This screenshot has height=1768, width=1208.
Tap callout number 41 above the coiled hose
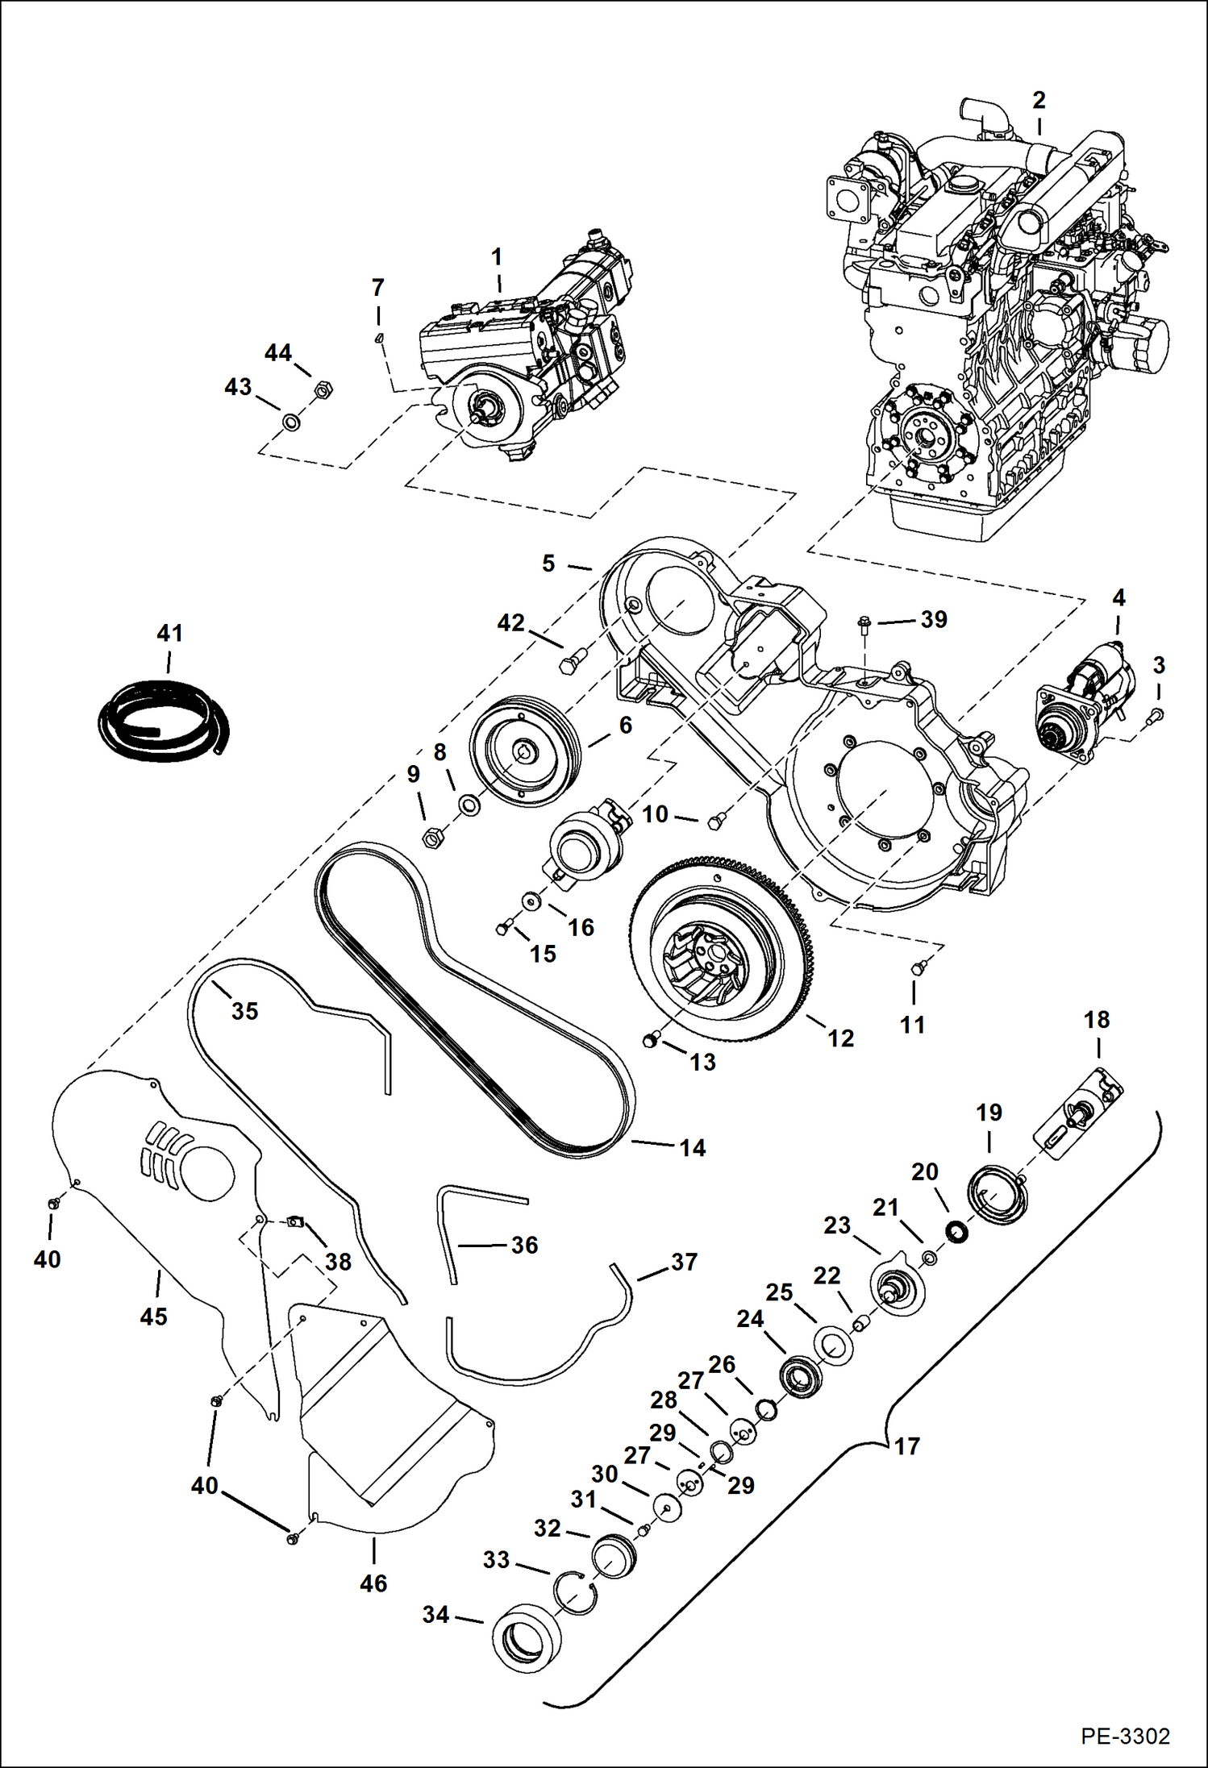(x=169, y=634)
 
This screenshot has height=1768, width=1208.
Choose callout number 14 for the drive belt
(x=692, y=1147)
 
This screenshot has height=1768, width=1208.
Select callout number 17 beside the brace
(x=906, y=1446)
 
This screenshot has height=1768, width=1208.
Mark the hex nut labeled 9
(x=431, y=838)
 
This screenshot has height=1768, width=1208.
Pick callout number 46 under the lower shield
(x=373, y=1583)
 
